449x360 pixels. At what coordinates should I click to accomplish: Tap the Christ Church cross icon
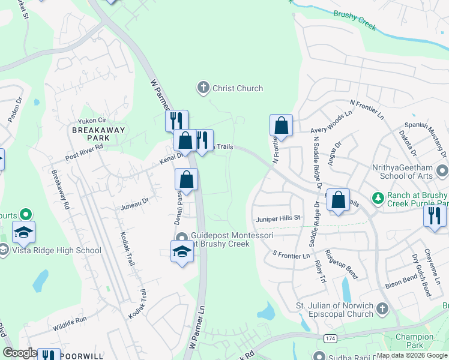pos(203,88)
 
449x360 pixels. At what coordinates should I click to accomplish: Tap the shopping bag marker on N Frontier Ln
pos(281,126)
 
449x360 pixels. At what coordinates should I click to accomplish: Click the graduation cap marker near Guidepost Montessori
pos(181,252)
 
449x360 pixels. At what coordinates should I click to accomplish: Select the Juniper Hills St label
pos(278,218)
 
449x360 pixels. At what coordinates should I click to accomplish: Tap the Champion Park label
pos(419,341)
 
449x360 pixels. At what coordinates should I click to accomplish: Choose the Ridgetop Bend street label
pos(342,264)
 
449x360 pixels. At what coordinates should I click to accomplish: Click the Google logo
pos(19,353)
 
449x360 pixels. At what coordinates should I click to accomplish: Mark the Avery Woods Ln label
pos(331,122)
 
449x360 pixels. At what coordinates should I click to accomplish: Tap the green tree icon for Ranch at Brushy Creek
pos(378,197)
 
